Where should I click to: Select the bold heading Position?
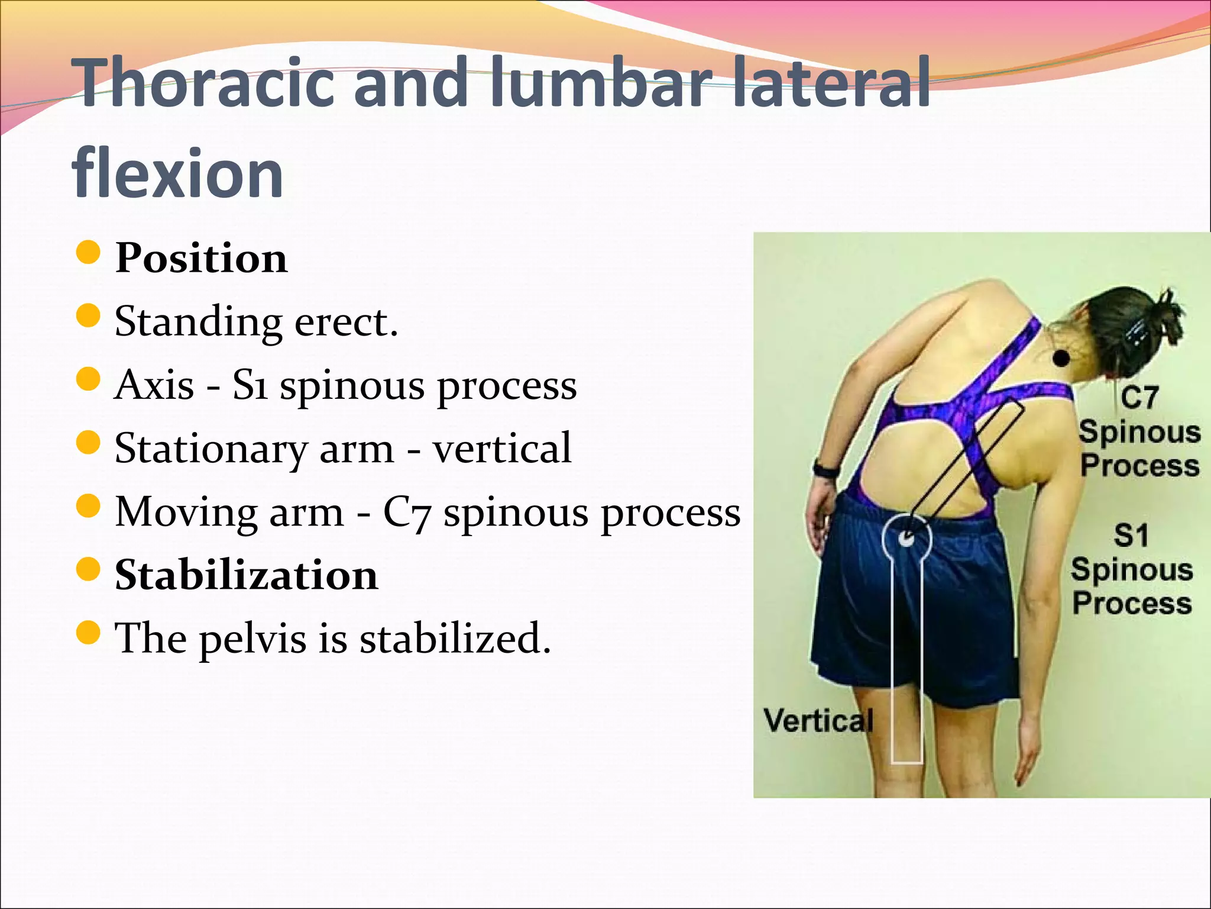(x=201, y=258)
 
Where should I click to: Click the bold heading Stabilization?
(x=246, y=575)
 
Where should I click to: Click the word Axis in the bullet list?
(x=154, y=385)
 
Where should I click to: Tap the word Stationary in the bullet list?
(x=211, y=448)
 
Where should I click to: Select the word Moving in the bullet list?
(x=186, y=511)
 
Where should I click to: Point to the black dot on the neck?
(x=1062, y=358)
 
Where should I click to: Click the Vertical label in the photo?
(x=818, y=721)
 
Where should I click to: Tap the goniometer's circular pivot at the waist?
(x=906, y=538)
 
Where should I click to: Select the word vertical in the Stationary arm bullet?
(x=502, y=448)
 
